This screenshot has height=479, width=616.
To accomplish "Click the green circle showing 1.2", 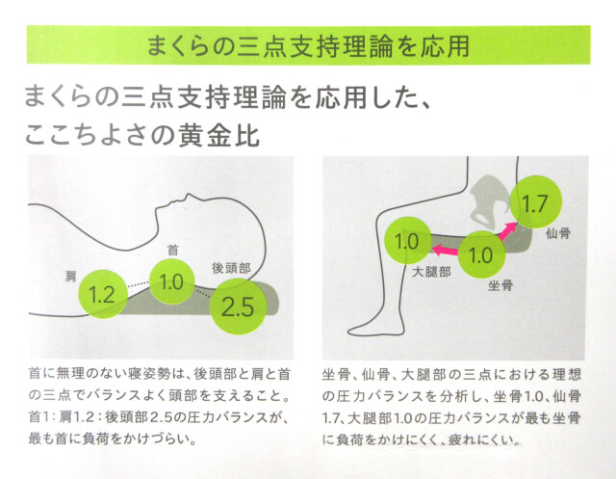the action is (103, 294).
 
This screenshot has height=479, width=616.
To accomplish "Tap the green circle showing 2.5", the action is (238, 306).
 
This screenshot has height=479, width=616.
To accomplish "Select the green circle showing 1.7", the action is (535, 202).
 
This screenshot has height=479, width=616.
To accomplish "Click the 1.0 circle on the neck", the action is (172, 281).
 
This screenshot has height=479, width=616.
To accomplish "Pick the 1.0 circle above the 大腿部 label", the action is (407, 240).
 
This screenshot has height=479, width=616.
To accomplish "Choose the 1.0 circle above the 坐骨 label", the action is (481, 254).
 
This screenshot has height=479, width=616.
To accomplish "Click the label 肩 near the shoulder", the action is (70, 276).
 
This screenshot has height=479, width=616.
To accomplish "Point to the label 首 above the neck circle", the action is (173, 250).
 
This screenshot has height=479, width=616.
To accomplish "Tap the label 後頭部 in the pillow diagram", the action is (231, 268).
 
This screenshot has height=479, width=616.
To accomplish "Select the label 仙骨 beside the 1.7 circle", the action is (558, 233).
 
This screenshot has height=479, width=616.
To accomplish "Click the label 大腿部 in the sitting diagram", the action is (431, 272).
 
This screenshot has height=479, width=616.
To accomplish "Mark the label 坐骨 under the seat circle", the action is (500, 285).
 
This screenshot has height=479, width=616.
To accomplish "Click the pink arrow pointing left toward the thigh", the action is (445, 250).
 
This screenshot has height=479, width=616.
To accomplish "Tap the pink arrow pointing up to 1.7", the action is (507, 231).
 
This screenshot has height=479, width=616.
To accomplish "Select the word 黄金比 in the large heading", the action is (219, 136).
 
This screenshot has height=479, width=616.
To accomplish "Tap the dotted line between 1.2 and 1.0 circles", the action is (139, 284).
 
